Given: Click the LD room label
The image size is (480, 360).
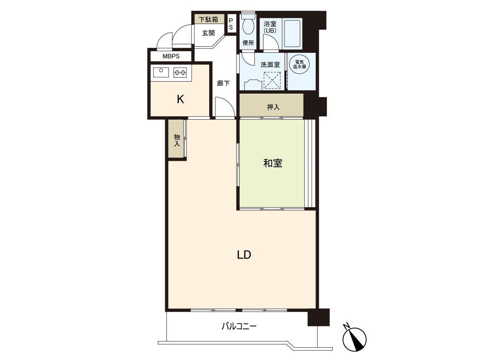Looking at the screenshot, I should pyautogui.click(x=244, y=255).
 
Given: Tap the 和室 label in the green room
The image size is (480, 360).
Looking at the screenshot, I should pyautogui.click(x=273, y=163).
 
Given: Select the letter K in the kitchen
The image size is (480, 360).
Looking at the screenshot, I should pyautogui.click(x=180, y=100).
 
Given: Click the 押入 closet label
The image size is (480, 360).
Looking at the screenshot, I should pyautogui.click(x=273, y=107).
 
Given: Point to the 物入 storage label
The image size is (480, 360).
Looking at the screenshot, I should pyautogui.click(x=177, y=140).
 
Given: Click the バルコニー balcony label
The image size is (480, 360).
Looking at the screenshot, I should pyautogui.click(x=239, y=326).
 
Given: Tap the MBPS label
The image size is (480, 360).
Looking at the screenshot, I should pyautogui.click(x=171, y=56).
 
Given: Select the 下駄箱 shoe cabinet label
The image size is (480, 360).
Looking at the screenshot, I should pyautogui.click(x=209, y=19).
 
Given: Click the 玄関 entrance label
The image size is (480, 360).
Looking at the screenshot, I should pyautogui.click(x=208, y=33).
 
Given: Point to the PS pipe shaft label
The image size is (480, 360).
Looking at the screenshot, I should pyautogui.click(x=231, y=24).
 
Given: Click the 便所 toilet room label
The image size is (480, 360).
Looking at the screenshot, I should pyautogui.click(x=248, y=43).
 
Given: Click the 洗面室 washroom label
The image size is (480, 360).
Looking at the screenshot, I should pyautogui.click(x=270, y=64).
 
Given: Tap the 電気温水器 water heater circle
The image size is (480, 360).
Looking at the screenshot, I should pyautogui.click(x=300, y=64).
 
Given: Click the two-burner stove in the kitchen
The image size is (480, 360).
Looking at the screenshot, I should pyautogui.click(x=180, y=72).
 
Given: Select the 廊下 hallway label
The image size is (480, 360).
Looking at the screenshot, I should pyautogui.click(x=223, y=84).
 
